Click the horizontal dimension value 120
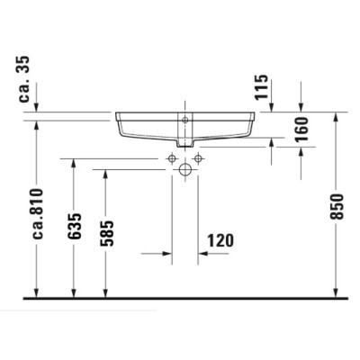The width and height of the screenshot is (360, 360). [220, 240]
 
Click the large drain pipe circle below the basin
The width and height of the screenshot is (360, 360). [186, 169]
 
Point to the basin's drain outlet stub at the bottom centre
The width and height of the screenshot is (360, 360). [186, 143]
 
